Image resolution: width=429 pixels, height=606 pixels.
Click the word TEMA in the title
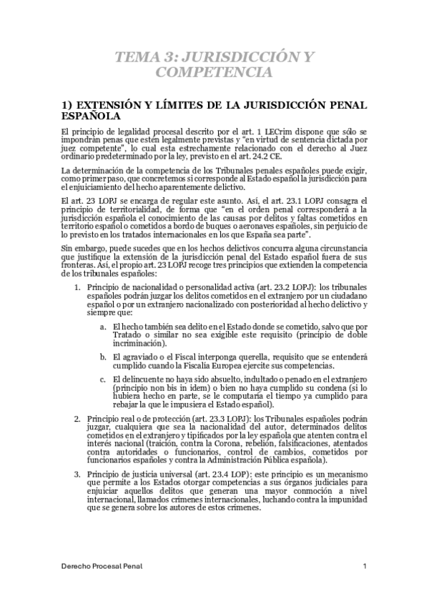(x=136, y=57)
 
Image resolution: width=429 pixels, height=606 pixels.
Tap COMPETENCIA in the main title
(x=214, y=73)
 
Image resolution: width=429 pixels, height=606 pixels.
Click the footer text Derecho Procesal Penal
(x=101, y=567)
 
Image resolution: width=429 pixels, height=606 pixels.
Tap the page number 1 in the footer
(x=365, y=567)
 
